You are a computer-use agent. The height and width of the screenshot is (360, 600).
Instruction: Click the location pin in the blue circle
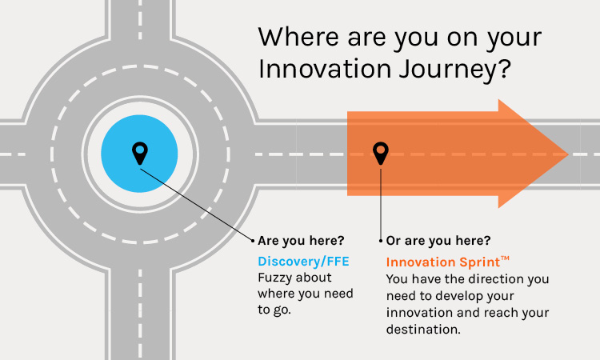click(x=140, y=153)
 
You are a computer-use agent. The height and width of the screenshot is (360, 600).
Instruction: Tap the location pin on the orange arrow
click(x=381, y=153)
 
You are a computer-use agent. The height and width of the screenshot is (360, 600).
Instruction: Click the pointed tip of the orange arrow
click(x=568, y=154)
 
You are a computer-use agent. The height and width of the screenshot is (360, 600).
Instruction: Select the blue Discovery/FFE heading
click(x=303, y=262)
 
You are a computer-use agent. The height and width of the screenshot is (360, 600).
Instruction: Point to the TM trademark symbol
click(x=505, y=258)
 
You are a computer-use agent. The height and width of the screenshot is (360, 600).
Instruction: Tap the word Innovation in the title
click(x=325, y=69)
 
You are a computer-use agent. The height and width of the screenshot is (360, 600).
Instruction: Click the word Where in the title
click(x=298, y=37)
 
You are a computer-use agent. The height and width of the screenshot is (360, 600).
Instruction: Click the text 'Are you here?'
click(x=301, y=240)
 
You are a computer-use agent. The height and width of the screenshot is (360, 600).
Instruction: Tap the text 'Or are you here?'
click(x=438, y=240)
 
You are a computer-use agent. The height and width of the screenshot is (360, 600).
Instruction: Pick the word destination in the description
click(x=423, y=330)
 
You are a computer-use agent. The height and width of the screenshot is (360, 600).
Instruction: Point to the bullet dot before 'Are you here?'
click(x=253, y=241)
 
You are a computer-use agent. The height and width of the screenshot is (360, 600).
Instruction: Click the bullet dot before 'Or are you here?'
click(x=381, y=241)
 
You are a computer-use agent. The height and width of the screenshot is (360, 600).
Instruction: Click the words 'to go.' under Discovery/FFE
click(x=274, y=310)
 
